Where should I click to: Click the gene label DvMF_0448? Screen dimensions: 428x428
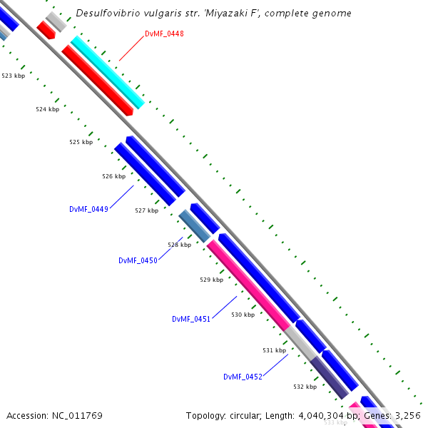tap(164, 34)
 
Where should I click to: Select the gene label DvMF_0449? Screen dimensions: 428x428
tap(88, 209)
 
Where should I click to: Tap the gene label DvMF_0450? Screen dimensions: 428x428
tap(138, 260)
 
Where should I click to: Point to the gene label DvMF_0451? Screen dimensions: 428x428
tap(191, 319)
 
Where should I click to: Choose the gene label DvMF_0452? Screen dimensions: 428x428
tap(243, 377)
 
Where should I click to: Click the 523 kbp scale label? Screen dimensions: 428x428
tap(13, 75)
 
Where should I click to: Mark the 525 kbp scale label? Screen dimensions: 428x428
tap(81, 142)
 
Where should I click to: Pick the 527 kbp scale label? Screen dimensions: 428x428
tap(146, 210)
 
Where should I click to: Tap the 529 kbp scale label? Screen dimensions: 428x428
tap(211, 280)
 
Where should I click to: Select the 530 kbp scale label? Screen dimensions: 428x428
tap(243, 314)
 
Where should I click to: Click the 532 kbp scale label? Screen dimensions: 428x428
tap(305, 386)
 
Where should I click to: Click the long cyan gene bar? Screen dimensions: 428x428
tap(108, 72)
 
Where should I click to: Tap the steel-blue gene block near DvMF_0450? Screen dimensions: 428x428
tap(194, 225)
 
